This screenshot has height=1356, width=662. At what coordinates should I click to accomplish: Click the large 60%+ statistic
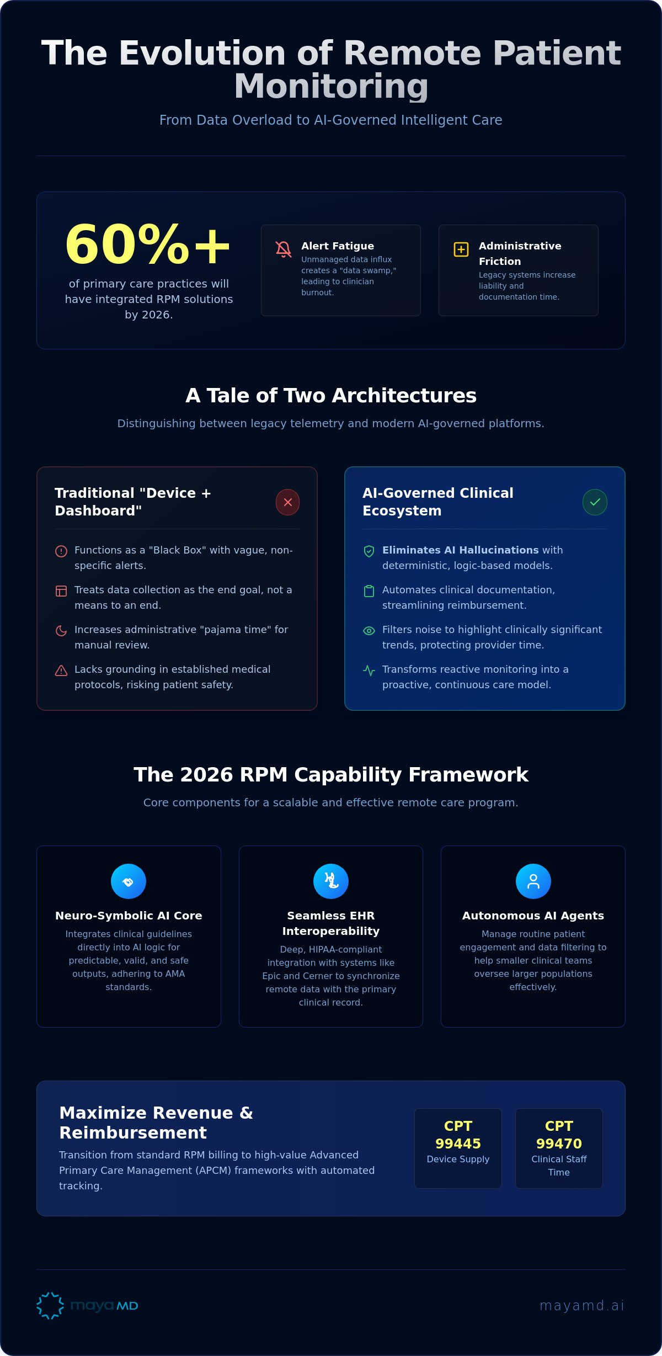click(148, 244)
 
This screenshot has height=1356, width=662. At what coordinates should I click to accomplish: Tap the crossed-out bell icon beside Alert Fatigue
click(284, 249)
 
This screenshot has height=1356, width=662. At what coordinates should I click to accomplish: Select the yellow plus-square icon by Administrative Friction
click(461, 249)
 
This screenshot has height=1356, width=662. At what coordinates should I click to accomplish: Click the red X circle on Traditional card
click(287, 502)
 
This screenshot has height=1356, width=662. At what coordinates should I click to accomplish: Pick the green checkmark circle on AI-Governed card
click(595, 502)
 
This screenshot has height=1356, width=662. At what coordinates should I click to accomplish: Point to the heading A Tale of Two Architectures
click(331, 396)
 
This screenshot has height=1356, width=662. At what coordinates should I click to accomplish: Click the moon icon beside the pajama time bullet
click(61, 630)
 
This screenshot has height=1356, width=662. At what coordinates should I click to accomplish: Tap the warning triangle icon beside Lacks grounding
click(61, 670)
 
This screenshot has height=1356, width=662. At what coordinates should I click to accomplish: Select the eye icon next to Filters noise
click(369, 630)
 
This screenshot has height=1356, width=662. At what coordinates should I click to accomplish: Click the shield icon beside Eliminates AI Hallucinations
click(369, 551)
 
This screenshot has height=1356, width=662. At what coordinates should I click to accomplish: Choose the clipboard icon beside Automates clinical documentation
click(369, 591)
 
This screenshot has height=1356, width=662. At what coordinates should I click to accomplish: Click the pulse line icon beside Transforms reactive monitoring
click(369, 670)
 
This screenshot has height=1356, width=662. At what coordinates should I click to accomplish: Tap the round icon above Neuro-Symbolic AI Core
click(129, 881)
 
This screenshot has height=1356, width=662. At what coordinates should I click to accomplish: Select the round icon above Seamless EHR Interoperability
click(331, 881)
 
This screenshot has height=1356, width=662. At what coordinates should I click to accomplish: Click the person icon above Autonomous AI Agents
click(533, 881)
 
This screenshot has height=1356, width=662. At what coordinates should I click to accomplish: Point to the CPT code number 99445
click(458, 1144)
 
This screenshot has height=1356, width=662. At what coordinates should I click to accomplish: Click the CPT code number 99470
click(559, 1144)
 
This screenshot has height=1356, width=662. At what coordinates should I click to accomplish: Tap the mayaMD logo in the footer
click(87, 1305)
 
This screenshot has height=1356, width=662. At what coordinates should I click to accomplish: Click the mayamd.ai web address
click(582, 1305)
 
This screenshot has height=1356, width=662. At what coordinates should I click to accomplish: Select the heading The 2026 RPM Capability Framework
click(331, 775)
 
